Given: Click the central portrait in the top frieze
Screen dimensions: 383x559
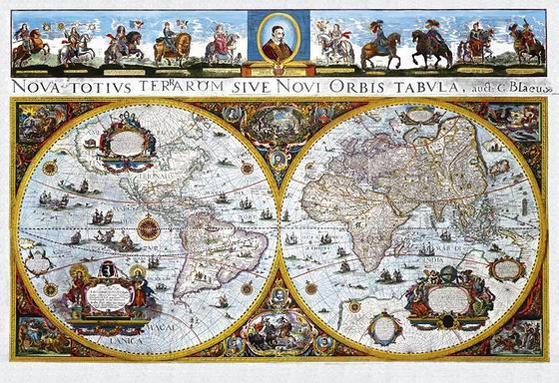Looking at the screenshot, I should click(x=277, y=40).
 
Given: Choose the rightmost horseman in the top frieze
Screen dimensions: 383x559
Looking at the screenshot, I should click(x=527, y=44).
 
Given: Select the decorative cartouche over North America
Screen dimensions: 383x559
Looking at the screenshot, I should click(x=127, y=141).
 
